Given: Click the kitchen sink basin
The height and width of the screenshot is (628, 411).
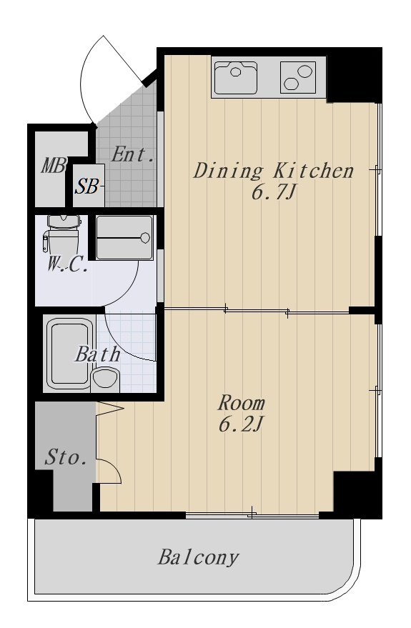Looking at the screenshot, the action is pyautogui.click(x=236, y=77).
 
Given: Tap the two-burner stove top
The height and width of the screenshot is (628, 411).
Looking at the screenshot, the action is pyautogui.click(x=297, y=77).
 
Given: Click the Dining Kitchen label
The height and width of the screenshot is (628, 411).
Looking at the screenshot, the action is pyautogui.click(x=274, y=171).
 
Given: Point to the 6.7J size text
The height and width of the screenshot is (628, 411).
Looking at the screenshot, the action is pyautogui.click(x=274, y=194).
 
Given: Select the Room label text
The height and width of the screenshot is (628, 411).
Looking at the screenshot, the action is pyautogui.click(x=241, y=403).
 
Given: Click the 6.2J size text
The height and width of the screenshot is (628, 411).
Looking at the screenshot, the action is pyautogui.click(x=241, y=425).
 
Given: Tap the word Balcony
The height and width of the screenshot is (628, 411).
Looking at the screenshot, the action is pyautogui.click(x=198, y=558).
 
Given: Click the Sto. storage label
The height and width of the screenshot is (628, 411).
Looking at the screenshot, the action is pyautogui.click(x=66, y=457).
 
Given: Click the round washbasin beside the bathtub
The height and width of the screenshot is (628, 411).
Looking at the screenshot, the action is pyautogui.click(x=105, y=379).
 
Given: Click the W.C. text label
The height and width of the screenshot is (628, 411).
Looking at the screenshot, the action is pyautogui.click(x=67, y=265).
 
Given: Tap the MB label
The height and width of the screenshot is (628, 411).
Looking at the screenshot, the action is pyautogui.click(x=54, y=166).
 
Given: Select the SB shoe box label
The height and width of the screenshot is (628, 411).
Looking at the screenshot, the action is pyautogui.click(x=88, y=186).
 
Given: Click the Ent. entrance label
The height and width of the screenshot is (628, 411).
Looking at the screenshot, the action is pyautogui.click(x=132, y=154).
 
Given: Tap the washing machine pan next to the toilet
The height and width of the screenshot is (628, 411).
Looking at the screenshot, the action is pyautogui.click(x=125, y=238).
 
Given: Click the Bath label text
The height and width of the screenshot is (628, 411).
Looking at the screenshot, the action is pyautogui.click(x=97, y=354).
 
